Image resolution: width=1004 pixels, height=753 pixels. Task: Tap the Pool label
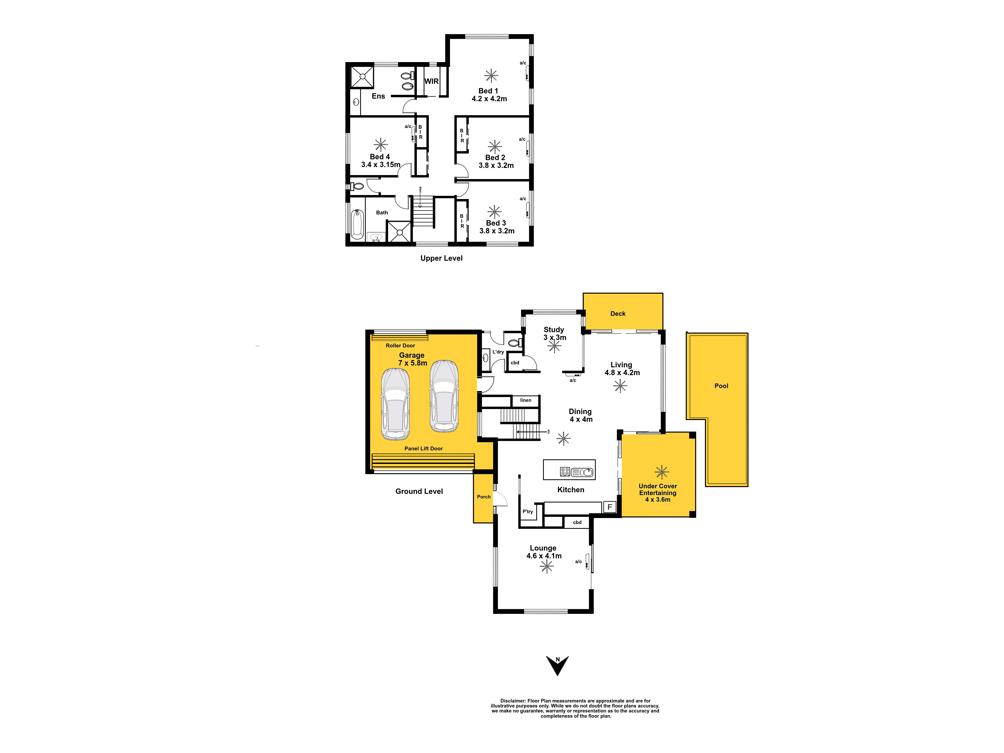(x=721, y=386)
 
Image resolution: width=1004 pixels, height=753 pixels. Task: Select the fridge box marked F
(x=610, y=507)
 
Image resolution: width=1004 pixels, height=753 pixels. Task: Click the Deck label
(x=618, y=314)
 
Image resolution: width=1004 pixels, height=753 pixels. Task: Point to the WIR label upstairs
(x=431, y=81)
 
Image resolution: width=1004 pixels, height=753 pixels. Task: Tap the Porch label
(x=484, y=496)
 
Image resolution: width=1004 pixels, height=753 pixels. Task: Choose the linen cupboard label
(x=526, y=400)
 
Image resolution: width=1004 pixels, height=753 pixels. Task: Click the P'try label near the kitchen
(x=527, y=511)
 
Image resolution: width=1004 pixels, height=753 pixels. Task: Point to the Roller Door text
(x=400, y=345)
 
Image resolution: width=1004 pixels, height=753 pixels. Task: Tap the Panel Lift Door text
(x=423, y=448)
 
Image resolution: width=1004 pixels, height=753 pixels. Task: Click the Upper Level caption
(x=441, y=258)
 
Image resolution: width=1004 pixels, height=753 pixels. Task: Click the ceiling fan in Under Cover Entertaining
(x=662, y=472)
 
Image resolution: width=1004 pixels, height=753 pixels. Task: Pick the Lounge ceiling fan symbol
(x=547, y=566)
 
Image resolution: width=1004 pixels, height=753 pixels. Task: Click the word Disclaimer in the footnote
(x=513, y=701)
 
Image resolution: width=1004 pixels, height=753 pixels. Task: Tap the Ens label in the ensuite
(x=378, y=96)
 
